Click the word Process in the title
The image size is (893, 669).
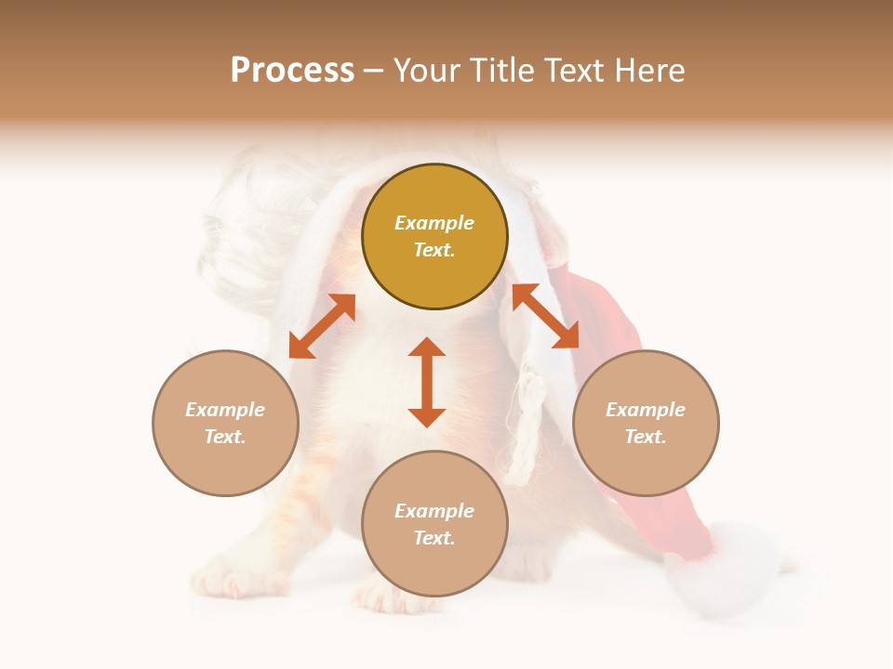click(x=292, y=71)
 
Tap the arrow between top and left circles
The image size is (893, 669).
click(x=322, y=326)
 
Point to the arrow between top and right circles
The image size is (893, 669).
click(x=545, y=316)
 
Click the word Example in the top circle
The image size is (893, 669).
click(x=434, y=223)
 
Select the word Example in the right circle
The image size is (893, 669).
click(x=646, y=410)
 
